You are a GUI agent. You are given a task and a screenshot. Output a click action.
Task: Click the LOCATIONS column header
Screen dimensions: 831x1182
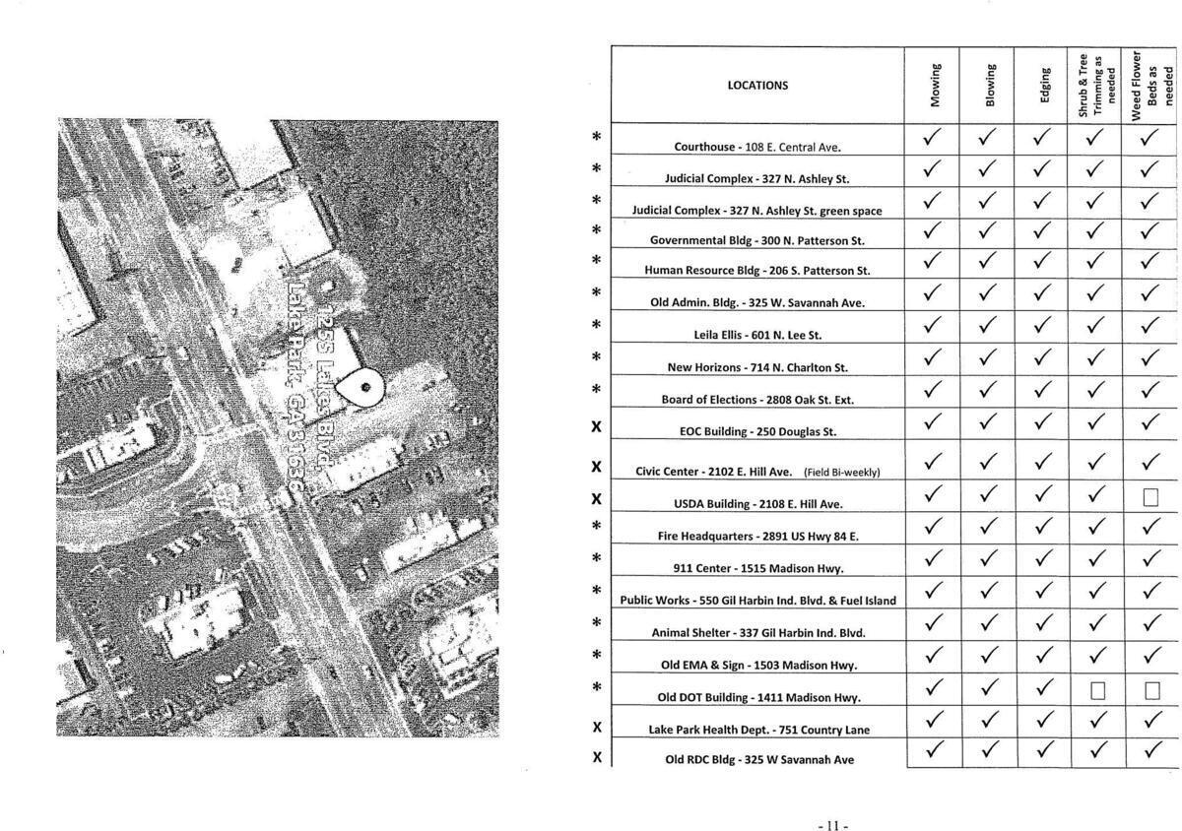click(757, 85)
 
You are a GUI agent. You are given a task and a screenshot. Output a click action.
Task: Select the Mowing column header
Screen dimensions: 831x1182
click(935, 85)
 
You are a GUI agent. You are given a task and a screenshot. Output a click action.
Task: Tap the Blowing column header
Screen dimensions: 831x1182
click(991, 85)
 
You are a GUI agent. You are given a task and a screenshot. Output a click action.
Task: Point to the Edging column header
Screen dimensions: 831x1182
click(1045, 85)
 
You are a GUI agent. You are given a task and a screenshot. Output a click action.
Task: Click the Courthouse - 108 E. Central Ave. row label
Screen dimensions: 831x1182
click(758, 147)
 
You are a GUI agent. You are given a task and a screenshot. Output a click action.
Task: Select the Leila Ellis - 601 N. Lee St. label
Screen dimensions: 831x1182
click(757, 335)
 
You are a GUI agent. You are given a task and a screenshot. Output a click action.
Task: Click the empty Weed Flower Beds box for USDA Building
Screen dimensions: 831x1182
click(1150, 497)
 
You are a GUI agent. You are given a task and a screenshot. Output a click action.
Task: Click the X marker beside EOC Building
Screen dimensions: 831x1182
click(596, 427)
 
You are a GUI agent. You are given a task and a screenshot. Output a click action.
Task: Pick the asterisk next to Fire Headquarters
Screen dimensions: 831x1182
click(596, 527)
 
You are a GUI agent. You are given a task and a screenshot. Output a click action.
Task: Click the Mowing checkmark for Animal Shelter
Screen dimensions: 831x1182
click(935, 624)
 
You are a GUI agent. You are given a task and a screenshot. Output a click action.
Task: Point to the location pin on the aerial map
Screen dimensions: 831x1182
click(363, 386)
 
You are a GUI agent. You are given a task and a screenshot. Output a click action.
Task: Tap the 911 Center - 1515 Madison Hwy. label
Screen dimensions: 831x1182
click(757, 568)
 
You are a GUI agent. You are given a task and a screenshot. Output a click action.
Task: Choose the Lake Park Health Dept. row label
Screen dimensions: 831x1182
click(758, 730)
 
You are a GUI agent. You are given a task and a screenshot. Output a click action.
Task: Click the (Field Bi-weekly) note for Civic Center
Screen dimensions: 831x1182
click(841, 473)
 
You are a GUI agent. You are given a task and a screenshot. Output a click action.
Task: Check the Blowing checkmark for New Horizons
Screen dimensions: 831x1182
click(990, 359)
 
